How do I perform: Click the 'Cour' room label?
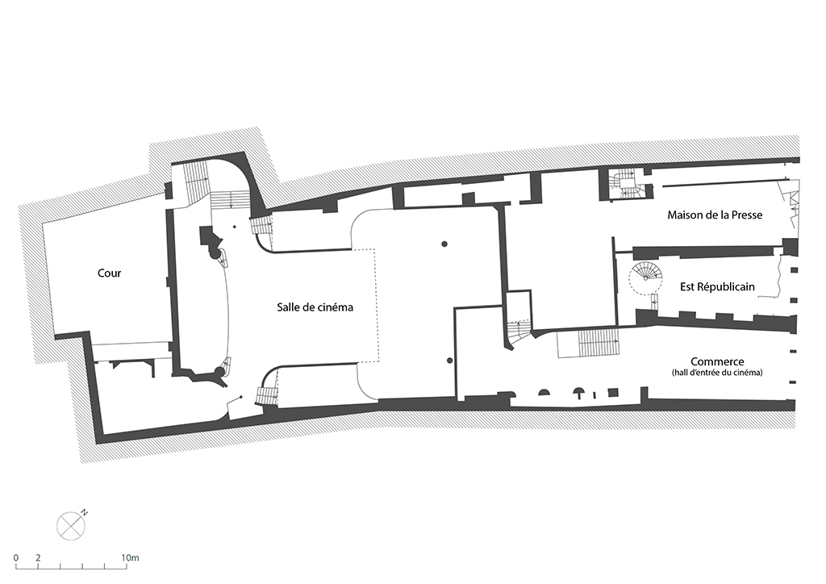tap(109, 273)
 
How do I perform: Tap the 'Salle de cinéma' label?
tap(315, 307)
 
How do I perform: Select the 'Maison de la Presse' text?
tap(715, 215)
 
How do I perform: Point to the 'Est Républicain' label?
tap(717, 287)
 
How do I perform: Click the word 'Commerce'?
tap(717, 362)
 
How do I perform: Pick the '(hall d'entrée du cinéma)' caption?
tap(717, 373)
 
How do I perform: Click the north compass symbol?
tap(71, 526)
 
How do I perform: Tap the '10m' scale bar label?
tap(130, 557)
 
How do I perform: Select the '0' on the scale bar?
tap(16, 557)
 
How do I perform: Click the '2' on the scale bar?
tap(38, 557)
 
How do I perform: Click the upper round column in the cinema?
tap(444, 244)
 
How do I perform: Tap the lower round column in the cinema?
tap(449, 361)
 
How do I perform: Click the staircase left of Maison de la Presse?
tap(627, 184)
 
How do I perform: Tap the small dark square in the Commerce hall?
tap(612, 392)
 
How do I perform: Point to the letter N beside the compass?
tap(84, 512)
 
